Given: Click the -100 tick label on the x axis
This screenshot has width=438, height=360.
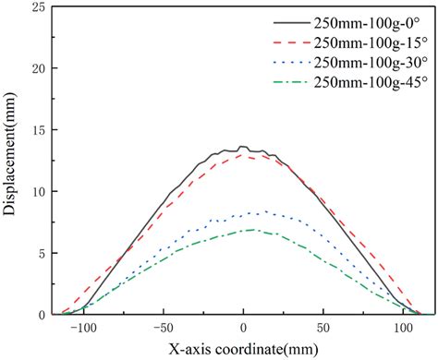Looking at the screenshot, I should coord(81,328).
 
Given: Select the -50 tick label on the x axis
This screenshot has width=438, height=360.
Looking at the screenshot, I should coord(163,328).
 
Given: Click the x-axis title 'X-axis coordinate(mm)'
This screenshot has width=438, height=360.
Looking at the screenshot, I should coord(242,349).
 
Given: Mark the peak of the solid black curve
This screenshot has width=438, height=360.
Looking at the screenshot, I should coord(242,147).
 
